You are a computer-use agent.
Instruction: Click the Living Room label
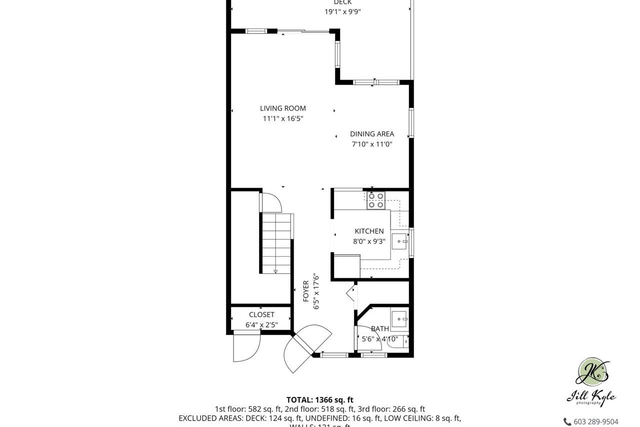click(x=282, y=108)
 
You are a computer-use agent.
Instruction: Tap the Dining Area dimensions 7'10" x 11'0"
click(x=371, y=144)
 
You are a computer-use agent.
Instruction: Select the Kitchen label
click(x=369, y=231)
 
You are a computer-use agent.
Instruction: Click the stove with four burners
click(x=376, y=200)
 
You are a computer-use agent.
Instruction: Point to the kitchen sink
click(x=399, y=242)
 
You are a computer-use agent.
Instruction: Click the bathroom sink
click(x=399, y=318)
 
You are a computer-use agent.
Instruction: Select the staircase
click(x=276, y=243)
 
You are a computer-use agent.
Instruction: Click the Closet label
click(x=261, y=314)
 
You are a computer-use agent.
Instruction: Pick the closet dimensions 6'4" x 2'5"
click(x=261, y=325)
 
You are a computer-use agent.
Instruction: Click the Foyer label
click(x=306, y=291)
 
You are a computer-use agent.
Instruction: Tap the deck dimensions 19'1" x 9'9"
click(x=342, y=12)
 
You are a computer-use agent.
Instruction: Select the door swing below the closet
click(x=246, y=347)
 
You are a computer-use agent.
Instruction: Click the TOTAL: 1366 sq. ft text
click(x=319, y=399)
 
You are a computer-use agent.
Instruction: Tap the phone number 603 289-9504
click(x=595, y=421)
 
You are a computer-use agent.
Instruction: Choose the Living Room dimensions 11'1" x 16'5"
click(x=283, y=119)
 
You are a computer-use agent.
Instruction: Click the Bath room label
click(x=379, y=328)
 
